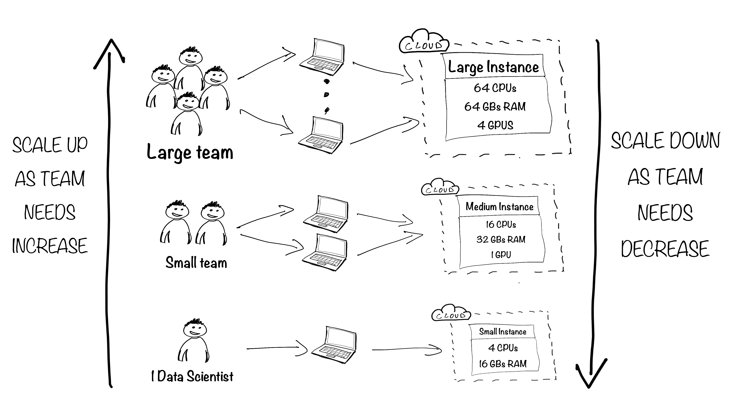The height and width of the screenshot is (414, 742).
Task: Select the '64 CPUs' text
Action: tap(495, 88)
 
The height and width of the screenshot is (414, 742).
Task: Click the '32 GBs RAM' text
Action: tap(501, 239)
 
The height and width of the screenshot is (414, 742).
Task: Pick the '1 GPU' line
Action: tap(501, 255)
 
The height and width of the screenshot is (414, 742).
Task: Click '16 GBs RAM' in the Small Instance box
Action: tap(503, 364)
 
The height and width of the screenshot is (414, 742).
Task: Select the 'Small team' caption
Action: tap(196, 263)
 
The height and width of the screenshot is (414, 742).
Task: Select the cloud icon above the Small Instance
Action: tap(451, 313)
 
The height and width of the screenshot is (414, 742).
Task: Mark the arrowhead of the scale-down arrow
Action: tap(589, 386)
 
